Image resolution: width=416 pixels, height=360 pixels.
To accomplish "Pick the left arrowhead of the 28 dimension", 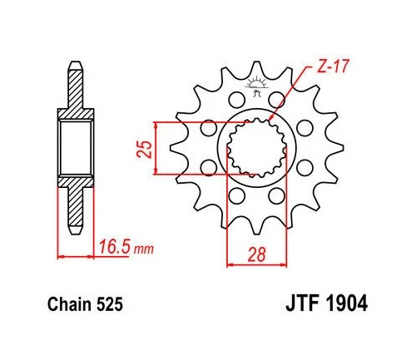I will [x=229, y=255].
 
